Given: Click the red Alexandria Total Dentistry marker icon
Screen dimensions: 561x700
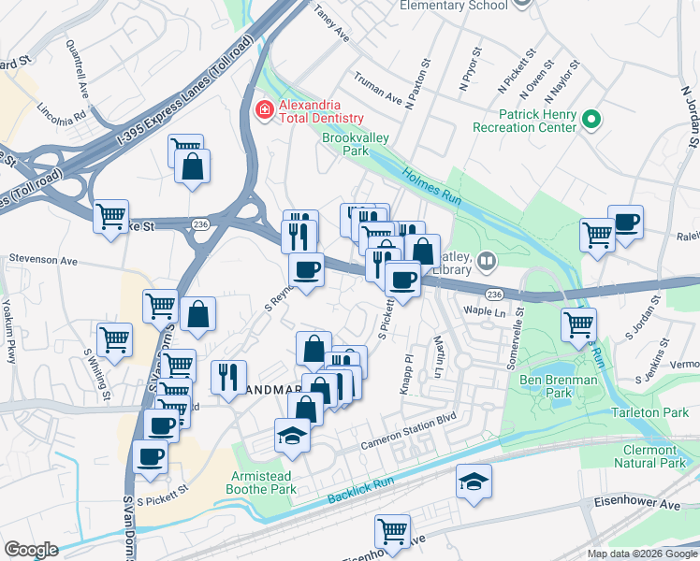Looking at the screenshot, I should [x=264, y=110].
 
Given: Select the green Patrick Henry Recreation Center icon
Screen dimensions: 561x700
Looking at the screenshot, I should [x=591, y=120].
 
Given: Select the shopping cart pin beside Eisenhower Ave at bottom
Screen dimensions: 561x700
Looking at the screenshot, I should [x=392, y=532].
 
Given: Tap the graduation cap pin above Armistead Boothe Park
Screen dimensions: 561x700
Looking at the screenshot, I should [x=293, y=436].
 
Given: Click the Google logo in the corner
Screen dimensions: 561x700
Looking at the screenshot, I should [x=31, y=550].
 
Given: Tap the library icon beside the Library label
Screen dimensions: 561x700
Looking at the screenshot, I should [x=486, y=260].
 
